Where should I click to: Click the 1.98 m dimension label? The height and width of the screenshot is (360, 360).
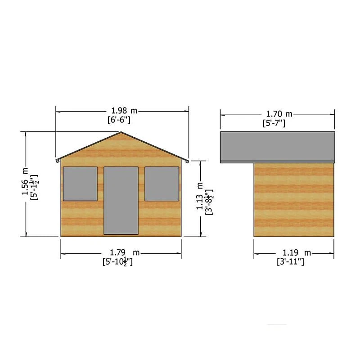[x=124, y=111]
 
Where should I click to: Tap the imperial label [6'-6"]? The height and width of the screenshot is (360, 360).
[x=119, y=120]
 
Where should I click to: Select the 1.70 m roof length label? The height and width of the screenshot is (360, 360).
[x=279, y=114]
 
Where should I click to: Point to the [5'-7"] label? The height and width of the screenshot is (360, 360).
[x=274, y=123]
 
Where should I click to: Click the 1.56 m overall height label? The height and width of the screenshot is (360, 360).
[x=25, y=181]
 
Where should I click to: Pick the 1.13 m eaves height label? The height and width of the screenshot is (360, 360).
[x=199, y=196]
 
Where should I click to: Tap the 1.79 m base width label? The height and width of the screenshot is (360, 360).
[x=125, y=252]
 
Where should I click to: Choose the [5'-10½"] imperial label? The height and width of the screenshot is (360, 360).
[x=117, y=262]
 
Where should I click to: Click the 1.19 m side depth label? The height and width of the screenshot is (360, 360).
[x=297, y=253]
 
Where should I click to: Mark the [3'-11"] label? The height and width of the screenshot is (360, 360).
[x=290, y=262]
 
